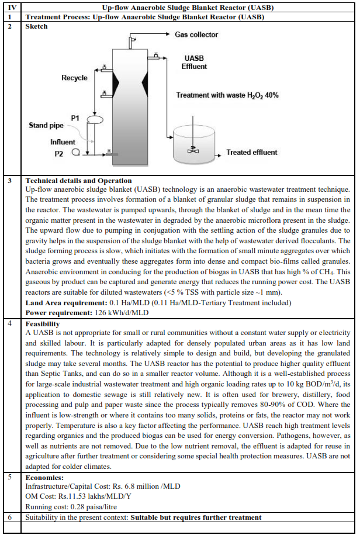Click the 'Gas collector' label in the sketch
tap(199, 34)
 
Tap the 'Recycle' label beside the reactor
tap(74, 78)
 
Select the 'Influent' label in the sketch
tap(63, 141)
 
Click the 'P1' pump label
tap(75, 118)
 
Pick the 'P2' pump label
tap(59, 154)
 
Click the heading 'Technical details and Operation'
tap(78, 181)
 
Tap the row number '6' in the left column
tap(9, 517)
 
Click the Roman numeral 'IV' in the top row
tap(10, 8)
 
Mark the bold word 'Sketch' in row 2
tap(37, 26)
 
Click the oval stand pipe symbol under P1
tap(94, 120)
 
